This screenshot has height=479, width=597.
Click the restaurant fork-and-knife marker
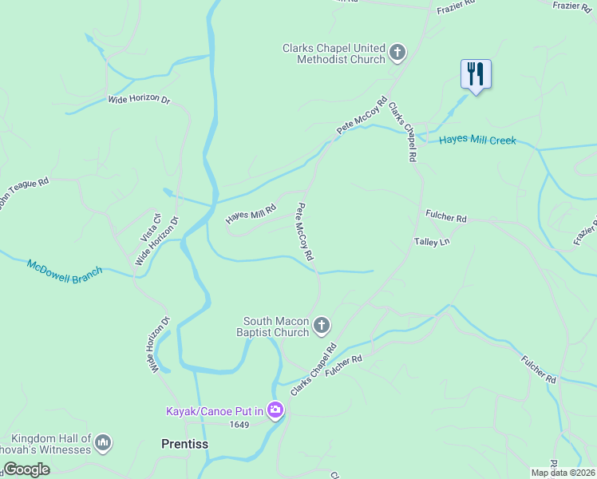[476, 74]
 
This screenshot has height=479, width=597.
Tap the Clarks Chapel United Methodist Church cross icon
[397, 53]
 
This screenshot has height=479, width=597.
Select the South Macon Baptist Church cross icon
[321, 325]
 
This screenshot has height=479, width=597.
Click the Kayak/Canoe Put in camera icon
[275, 410]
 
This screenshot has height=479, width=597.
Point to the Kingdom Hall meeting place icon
[103, 442]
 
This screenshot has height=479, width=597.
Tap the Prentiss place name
[184, 443]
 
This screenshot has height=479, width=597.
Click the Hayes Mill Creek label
[477, 141]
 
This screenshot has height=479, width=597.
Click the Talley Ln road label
[432, 241]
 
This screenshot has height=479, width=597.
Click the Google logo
[26, 469]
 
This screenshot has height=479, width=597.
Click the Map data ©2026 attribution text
[563, 473]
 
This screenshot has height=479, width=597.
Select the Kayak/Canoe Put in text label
[214, 412]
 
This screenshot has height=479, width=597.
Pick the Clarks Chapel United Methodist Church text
[334, 53]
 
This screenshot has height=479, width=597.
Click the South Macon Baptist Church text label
[275, 327]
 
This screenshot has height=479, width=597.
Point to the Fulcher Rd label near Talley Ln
[446, 217]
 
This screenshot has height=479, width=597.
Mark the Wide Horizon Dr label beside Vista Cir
[157, 242]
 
